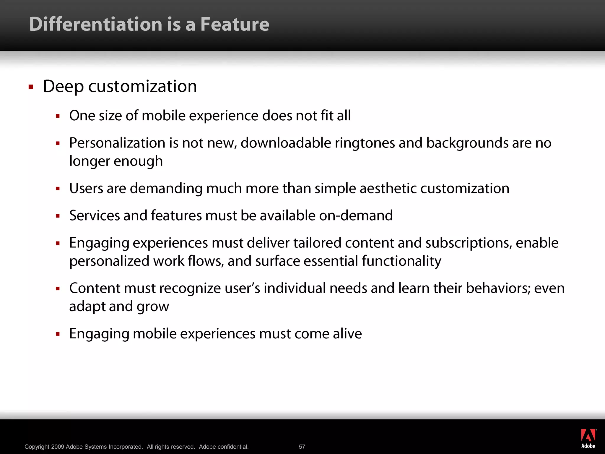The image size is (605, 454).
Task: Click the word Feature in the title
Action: tap(235, 24)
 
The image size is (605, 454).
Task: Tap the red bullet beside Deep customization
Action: tap(31, 87)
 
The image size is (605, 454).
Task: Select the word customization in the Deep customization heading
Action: tap(142, 87)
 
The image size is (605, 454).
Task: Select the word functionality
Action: tap(401, 261)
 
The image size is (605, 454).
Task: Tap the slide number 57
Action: tap(302, 447)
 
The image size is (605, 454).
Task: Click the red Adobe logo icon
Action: tap(588, 436)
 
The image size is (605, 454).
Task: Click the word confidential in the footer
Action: tap(233, 447)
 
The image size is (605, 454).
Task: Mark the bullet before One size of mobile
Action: tap(58, 116)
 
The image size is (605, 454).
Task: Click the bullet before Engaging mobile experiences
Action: tap(58, 334)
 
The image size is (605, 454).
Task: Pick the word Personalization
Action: tap(117, 143)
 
